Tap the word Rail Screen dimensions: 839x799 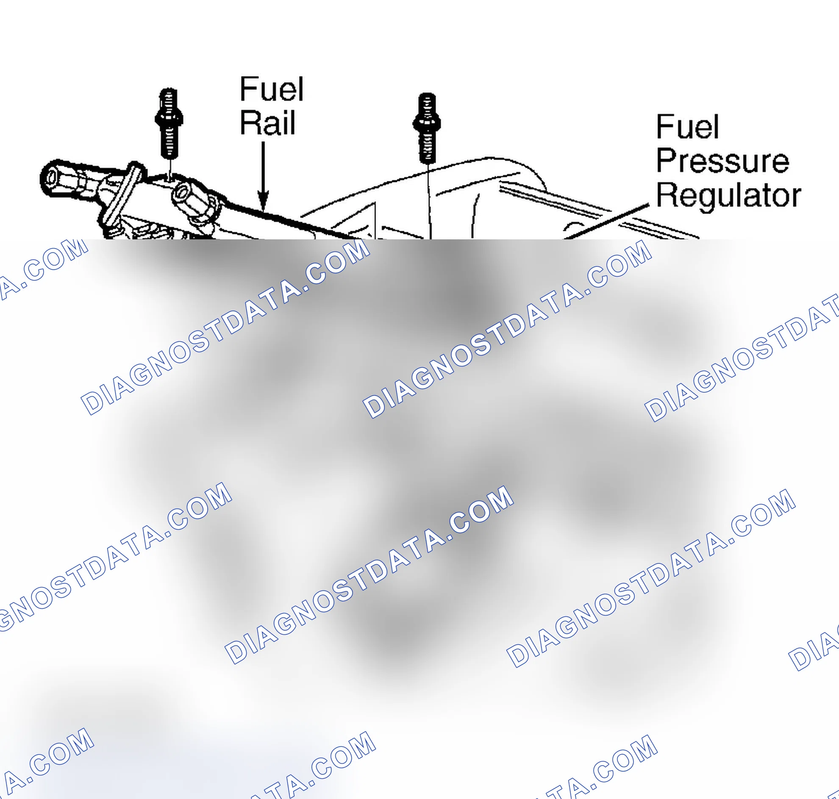click(267, 123)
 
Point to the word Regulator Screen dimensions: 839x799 click(728, 196)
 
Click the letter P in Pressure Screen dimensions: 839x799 click(667, 161)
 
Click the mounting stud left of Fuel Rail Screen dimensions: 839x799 click(169, 124)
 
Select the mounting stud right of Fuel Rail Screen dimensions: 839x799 click(427, 128)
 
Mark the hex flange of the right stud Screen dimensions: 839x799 click(427, 123)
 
